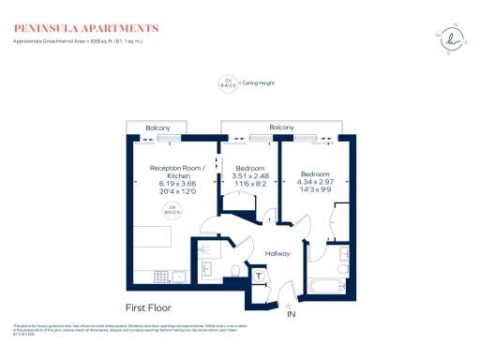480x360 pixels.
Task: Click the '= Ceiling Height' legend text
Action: pos(260,83)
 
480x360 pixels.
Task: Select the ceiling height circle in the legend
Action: pos(226,83)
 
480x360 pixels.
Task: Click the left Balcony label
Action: pos(157,127)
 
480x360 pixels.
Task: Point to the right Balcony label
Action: pos(281,127)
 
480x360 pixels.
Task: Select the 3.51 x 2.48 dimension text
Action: pos(249,175)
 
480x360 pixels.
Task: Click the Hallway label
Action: pos(277,254)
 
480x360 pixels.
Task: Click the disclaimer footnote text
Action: pos(131,329)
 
